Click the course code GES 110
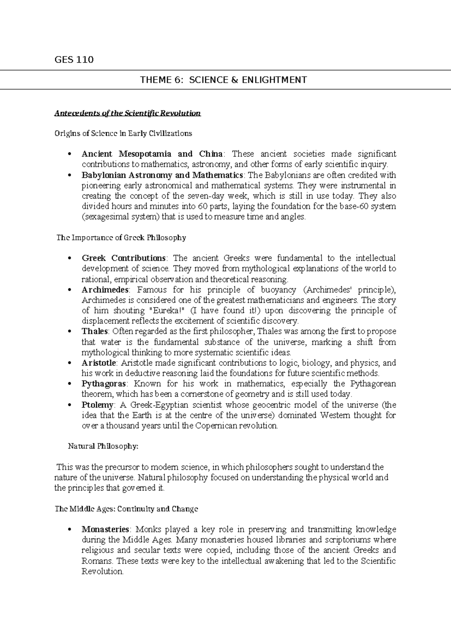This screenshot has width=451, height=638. click(x=74, y=60)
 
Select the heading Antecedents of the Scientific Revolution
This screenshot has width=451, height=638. click(x=127, y=113)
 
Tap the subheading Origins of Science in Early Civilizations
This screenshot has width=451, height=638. click(x=123, y=133)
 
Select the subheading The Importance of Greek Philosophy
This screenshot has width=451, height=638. click(x=121, y=238)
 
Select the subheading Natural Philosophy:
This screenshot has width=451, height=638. click(x=103, y=447)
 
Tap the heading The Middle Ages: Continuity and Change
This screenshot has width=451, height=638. click(x=126, y=509)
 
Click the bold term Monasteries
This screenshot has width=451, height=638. click(x=105, y=530)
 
